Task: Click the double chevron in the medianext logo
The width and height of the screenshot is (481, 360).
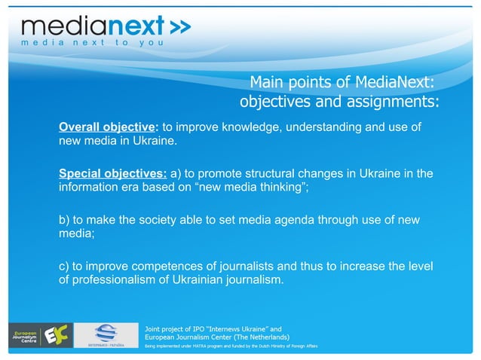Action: pos(179,26)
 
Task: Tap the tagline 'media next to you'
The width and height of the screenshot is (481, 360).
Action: pos(84,43)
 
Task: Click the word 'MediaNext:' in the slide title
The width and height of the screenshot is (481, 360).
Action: pos(396,82)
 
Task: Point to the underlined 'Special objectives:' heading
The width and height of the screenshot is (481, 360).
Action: pos(113,173)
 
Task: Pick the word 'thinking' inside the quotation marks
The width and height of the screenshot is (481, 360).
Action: pos(280,188)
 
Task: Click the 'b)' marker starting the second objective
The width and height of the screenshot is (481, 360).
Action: pos(65,220)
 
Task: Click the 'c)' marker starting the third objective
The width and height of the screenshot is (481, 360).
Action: pos(65,267)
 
